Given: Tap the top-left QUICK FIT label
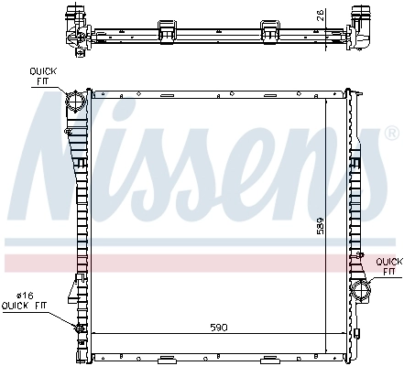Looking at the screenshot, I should [43, 74].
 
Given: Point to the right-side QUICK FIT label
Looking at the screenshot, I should [388, 265].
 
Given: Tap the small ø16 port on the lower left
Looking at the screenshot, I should [80, 327].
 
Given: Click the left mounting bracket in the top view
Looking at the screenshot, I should [167, 30].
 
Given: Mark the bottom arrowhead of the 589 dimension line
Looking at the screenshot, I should [326, 351].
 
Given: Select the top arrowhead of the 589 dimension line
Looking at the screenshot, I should [326, 95].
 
